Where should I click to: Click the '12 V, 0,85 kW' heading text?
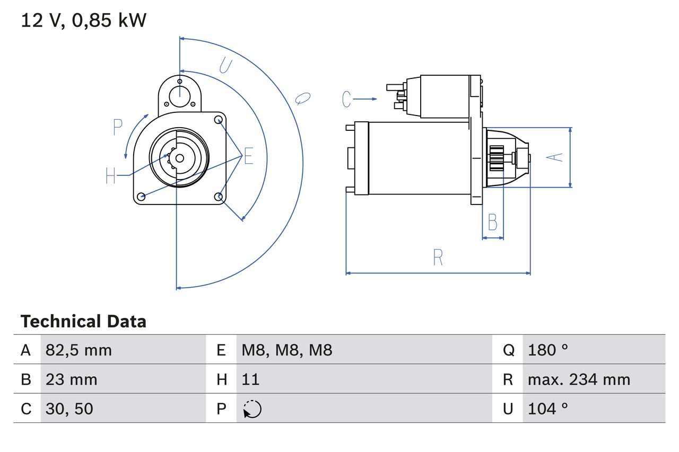pos(83,21)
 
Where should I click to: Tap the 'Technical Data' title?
pos(83,321)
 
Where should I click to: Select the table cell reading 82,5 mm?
pos(79,350)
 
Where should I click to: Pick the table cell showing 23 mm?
pos(72,379)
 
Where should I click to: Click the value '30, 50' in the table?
pos(69,409)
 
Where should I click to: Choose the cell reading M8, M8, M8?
pos(286,350)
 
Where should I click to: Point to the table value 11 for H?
pos(250,379)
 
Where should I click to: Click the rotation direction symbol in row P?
pos(253,409)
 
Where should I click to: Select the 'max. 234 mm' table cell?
pos(579,379)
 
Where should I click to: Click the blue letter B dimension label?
pos(492,223)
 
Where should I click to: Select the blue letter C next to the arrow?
pos(346,99)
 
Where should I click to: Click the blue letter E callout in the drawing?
pos(248,157)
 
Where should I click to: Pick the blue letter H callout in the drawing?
pos(110,175)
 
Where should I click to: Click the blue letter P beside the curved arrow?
pos(118,128)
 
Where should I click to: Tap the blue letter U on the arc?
pos(225,66)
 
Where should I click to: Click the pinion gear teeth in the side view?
pos(497,158)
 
